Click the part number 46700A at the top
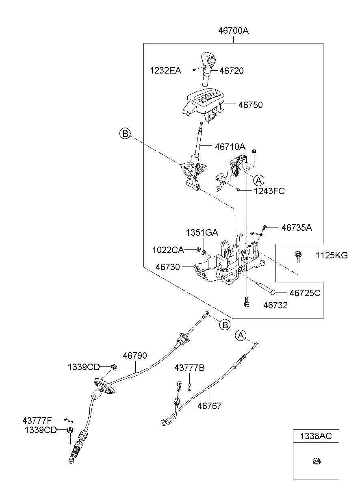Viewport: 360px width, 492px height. pos(233,31)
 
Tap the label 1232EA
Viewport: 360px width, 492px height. pos(165,71)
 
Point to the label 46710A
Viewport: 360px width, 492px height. pos(230,147)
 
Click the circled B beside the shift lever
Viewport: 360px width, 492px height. pos(125,134)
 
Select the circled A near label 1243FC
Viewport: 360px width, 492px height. pos(258,180)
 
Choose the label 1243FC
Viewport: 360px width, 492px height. pos(269,191)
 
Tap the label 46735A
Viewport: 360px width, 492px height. pos(297,228)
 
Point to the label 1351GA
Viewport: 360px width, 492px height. pos(202,232)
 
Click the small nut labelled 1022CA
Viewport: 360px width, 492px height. pos(198,249)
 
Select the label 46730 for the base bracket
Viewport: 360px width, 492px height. pos(168,267)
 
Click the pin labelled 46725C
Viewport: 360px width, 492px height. pos(266,288)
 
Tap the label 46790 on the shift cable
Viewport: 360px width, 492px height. pos(135,355)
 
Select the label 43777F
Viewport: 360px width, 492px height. pos(37,420)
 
